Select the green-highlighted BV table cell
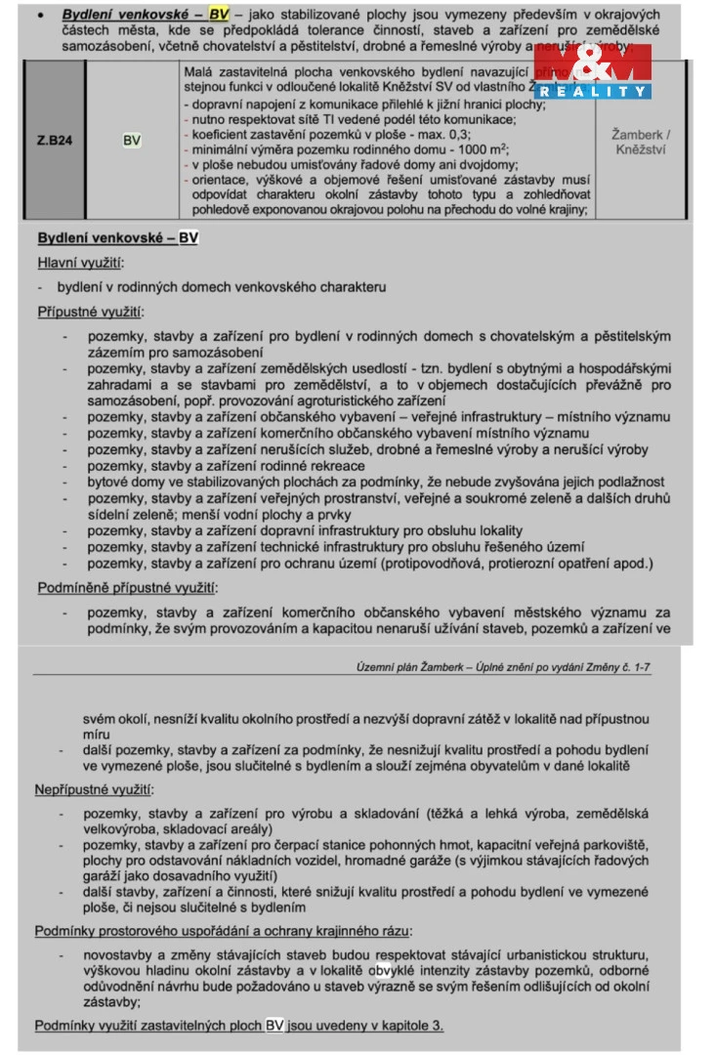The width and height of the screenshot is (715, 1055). tap(132, 140)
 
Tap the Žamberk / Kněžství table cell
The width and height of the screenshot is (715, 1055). tap(640, 141)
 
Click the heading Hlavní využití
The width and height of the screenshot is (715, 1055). tap(81, 263)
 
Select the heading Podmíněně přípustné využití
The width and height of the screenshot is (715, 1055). tap(127, 588)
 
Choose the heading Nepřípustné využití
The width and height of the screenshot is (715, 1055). tap(95, 788)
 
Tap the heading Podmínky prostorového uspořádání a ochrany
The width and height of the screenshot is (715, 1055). tap(223, 931)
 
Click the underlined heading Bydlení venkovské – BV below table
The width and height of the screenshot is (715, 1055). tap(117, 238)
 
